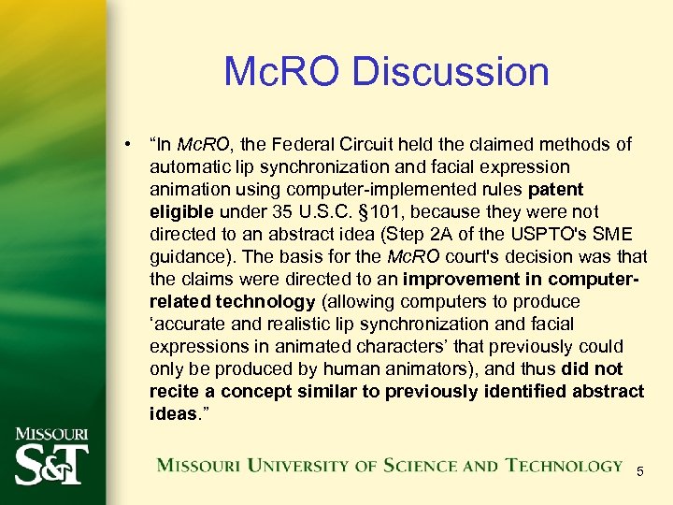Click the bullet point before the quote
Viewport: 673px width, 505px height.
tap(124, 144)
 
